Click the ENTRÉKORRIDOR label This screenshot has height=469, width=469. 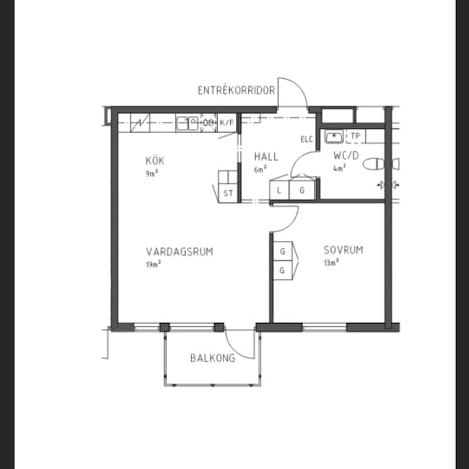click(x=236, y=90)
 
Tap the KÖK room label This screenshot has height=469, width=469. click(x=155, y=161)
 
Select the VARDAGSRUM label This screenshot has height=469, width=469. click(x=180, y=251)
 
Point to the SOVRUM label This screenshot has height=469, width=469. click(x=343, y=249)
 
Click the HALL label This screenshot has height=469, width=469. click(x=266, y=157)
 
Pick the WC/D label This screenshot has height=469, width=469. click(x=346, y=156)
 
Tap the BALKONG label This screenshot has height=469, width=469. click(x=212, y=358)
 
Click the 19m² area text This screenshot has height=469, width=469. click(x=153, y=264)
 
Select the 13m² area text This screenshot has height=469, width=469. click(x=331, y=263)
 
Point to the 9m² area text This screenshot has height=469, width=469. click(x=152, y=173)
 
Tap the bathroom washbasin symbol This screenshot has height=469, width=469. click(x=334, y=137)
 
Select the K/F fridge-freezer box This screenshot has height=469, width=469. click(x=227, y=122)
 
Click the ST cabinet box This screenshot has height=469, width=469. click(x=228, y=193)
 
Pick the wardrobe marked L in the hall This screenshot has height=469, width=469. click(x=279, y=190)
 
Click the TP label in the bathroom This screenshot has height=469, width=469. click(x=356, y=136)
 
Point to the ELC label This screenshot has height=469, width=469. click(x=307, y=139)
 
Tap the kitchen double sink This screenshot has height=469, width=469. click(x=187, y=124)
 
